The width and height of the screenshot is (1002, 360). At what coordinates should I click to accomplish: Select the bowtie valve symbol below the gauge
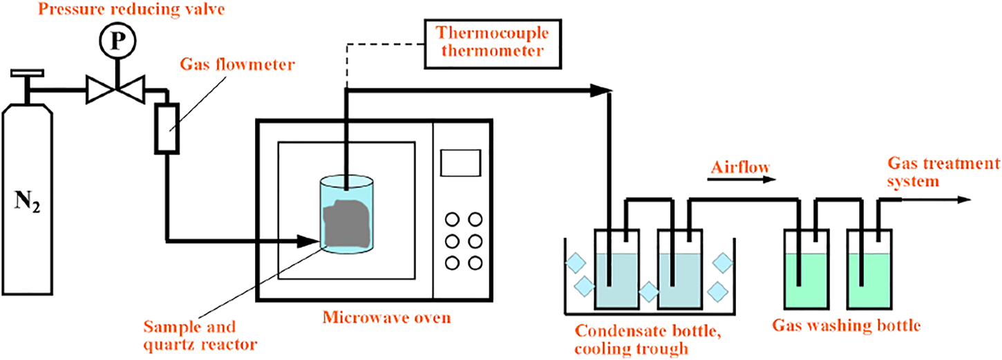116,91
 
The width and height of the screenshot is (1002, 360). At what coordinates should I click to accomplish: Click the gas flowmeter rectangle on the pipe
167,127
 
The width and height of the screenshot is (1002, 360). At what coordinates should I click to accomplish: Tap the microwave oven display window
460,164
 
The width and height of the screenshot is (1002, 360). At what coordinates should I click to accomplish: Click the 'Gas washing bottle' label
846,325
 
